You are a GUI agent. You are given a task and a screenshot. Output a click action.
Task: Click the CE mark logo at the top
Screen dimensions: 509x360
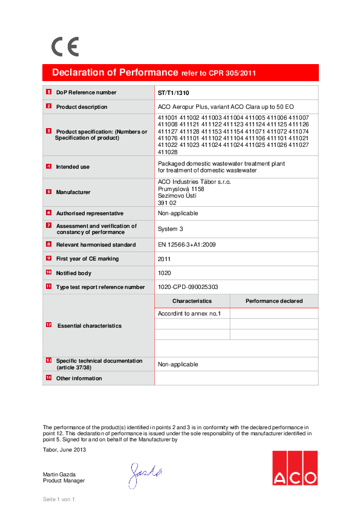tap(65, 47)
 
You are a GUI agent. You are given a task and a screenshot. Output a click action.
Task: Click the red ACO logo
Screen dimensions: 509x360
tap(294, 468)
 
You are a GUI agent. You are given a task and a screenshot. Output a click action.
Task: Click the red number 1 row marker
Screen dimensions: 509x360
tap(48, 92)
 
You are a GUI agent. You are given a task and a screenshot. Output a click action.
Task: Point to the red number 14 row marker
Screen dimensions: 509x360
tap(48, 378)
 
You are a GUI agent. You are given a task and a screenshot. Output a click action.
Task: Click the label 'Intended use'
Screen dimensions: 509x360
tap(73, 166)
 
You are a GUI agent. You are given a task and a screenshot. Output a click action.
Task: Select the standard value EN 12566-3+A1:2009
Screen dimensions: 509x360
tap(186, 245)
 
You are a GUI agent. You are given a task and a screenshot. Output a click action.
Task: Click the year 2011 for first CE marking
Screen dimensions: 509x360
tap(164, 259)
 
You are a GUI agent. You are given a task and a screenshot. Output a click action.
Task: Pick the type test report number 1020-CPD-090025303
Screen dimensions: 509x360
tap(188, 287)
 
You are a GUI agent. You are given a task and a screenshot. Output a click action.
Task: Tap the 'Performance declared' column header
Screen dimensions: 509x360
tap(274, 300)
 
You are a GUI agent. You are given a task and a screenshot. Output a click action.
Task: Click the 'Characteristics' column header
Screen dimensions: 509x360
tap(192, 300)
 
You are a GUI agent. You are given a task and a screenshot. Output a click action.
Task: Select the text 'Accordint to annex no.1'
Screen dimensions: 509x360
tap(189, 314)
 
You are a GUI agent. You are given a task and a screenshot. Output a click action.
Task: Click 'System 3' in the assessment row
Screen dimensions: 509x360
tap(169, 229)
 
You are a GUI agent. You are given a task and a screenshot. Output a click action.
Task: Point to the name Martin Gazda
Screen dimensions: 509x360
tap(59, 474)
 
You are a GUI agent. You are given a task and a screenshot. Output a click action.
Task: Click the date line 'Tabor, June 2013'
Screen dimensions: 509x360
tap(64, 449)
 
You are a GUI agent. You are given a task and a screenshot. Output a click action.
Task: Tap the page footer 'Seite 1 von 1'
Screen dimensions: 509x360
tap(58, 499)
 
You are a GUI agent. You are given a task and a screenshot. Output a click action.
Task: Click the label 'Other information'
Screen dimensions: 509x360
tap(79, 378)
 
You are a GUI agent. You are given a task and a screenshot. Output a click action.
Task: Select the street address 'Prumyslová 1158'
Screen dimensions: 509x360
tap(181, 189)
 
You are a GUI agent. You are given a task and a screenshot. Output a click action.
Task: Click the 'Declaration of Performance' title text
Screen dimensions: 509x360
tap(115, 73)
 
